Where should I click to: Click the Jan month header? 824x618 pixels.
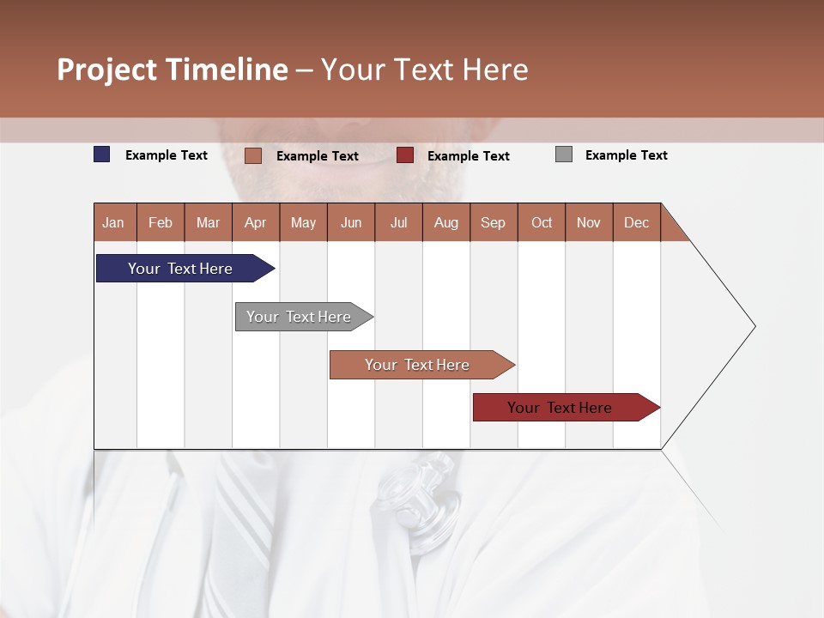pos(114,222)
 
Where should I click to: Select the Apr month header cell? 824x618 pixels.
pos(256,222)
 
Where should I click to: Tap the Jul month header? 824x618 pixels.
pos(398,222)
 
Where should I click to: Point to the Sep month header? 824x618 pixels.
pos(494,222)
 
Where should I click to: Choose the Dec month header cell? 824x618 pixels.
pos(636,222)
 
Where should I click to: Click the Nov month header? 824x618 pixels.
pos(589,222)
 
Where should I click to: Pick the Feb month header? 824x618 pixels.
pos(161,222)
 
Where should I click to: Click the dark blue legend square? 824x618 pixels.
pos(102,154)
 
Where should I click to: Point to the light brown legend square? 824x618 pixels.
pos(252,155)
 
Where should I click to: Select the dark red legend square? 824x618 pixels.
pos(405,155)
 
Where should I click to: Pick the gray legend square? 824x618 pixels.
pos(564,154)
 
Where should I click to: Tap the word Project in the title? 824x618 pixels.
pos(106,70)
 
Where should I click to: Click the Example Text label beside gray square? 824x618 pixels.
pos(626,155)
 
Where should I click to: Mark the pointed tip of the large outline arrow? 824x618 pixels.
pos(754,326)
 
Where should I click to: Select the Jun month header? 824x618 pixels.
pos(351,222)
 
